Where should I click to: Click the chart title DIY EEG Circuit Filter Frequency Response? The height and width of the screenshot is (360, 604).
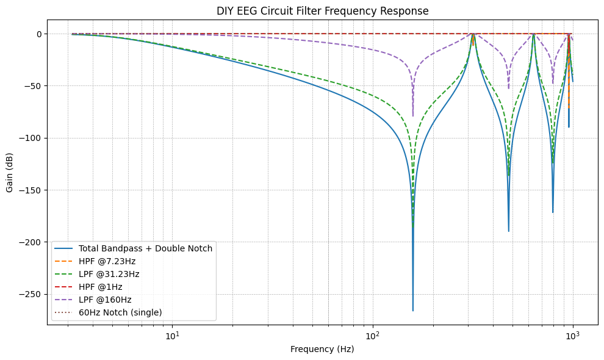322,11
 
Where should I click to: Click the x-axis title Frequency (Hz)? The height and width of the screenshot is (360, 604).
322,349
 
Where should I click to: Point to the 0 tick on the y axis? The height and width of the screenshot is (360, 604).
38,34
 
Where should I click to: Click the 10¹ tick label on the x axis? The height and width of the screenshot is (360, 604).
173,336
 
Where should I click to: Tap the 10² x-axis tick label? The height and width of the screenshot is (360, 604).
373,336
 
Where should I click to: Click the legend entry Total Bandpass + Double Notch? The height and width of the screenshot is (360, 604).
145,248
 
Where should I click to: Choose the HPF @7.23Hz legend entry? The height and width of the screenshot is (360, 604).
107,261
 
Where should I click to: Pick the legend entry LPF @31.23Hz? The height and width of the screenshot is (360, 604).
109,274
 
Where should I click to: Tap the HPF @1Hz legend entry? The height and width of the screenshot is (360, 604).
101,287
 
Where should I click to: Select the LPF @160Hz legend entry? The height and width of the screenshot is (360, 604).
105,300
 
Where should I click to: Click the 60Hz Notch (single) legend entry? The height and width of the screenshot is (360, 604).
120,312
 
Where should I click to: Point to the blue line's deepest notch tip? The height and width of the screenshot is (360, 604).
413,311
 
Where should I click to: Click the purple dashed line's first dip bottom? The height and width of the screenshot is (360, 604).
413,115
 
